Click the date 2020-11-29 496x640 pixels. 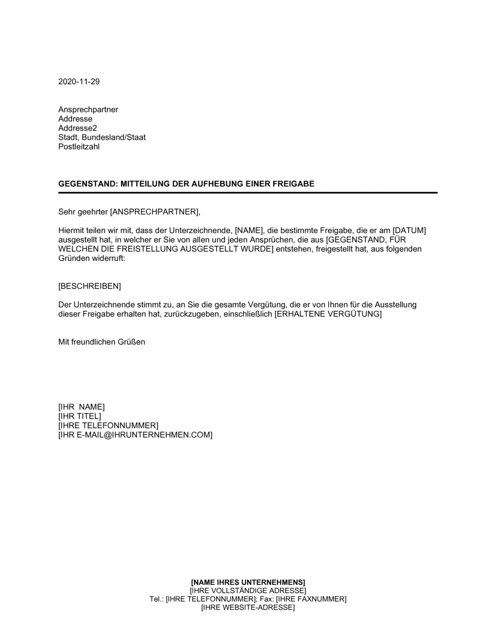tap(79, 82)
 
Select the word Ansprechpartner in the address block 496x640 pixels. tap(88, 110)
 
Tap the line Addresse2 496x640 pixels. tap(78, 128)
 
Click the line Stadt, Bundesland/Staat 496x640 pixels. tap(102, 137)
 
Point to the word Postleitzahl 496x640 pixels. tap(79, 147)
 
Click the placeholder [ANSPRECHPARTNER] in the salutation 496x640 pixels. tap(154, 212)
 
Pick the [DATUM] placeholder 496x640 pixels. tap(409, 231)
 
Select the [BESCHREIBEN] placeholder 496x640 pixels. tap(90, 286)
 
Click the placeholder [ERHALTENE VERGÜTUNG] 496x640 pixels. tap(328, 315)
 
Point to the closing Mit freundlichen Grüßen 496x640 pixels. tap(102, 342)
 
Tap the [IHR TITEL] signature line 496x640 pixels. tap(80, 416)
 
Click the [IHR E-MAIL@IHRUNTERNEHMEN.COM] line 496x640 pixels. tap(135, 435)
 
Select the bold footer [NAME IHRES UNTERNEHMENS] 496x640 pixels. tap(248, 582)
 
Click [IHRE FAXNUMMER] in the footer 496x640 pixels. tap(311, 599)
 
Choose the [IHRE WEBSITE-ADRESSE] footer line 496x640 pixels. tap(248, 608)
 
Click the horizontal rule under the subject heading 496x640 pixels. tap(248, 192)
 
